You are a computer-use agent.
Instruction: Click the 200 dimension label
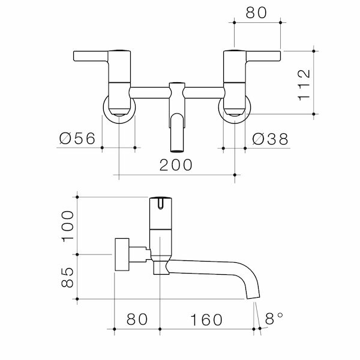click(176, 165)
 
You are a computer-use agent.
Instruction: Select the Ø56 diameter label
click(78, 139)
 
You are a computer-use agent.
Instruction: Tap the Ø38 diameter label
click(270, 139)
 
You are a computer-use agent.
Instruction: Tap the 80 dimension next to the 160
click(137, 319)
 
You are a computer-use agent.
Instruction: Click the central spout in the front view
click(177, 126)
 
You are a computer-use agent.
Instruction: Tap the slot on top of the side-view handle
click(160, 205)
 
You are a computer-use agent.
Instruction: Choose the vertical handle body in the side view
click(160, 231)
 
